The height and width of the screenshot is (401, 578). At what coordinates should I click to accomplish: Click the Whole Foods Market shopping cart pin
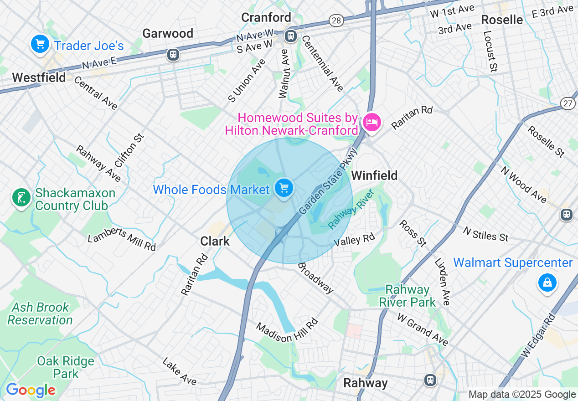[284, 188]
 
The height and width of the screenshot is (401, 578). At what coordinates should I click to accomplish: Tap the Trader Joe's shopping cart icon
[40, 44]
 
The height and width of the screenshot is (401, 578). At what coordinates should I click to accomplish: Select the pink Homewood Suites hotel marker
[372, 122]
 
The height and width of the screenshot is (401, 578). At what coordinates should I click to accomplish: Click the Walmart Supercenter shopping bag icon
[547, 283]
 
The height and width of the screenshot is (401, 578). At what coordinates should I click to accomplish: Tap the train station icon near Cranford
[290, 35]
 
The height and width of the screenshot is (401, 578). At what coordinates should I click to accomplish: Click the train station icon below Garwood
[173, 55]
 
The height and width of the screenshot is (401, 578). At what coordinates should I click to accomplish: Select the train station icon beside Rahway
[429, 380]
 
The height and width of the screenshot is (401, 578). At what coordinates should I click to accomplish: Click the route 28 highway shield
[336, 21]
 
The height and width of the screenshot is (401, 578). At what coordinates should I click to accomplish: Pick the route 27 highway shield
[568, 103]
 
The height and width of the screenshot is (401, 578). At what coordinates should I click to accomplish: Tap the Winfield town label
[374, 175]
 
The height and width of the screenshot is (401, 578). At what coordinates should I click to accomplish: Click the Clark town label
[215, 241]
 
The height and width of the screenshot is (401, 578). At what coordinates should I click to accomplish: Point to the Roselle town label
[502, 20]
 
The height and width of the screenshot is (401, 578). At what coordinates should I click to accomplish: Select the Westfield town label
[39, 77]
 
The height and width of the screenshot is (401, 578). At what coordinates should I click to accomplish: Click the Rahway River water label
[351, 209]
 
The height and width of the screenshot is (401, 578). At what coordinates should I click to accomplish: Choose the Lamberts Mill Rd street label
[122, 239]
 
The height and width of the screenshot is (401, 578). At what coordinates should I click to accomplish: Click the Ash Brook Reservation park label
[40, 314]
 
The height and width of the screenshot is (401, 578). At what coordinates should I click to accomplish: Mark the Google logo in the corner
[31, 390]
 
